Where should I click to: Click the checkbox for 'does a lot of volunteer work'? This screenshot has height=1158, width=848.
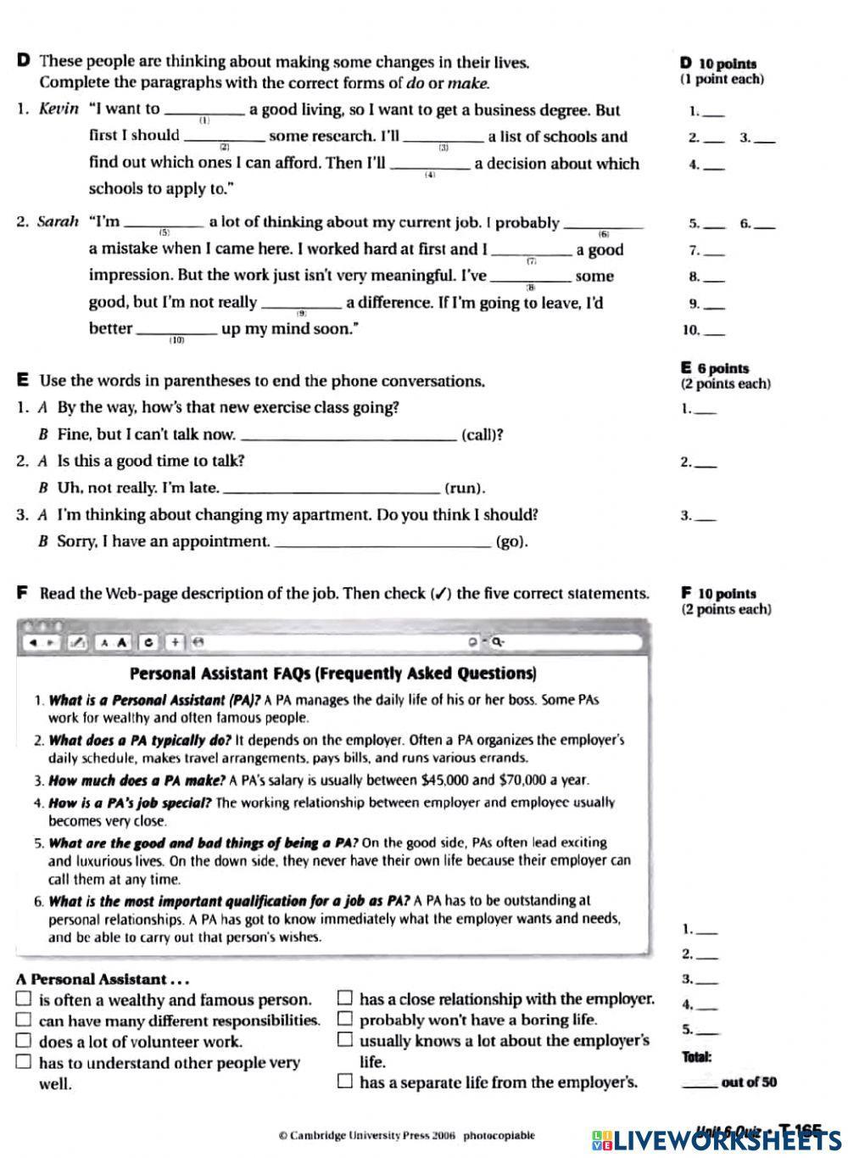(24, 1041)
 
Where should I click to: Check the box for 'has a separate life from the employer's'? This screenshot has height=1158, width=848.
(344, 1082)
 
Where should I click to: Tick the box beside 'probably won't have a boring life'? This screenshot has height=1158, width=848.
(344, 1019)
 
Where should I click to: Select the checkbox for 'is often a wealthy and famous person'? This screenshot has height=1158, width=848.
(24, 999)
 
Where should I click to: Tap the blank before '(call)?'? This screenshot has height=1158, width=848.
(349, 436)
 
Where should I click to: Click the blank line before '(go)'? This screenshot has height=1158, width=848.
(383, 543)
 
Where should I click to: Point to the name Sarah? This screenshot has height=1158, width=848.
(58, 222)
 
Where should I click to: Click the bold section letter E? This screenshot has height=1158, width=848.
(22, 381)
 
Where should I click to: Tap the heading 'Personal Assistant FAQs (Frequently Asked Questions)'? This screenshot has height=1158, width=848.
(332, 674)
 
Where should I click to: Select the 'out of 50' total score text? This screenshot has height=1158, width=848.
(748, 1082)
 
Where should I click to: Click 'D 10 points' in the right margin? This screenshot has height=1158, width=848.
(718, 63)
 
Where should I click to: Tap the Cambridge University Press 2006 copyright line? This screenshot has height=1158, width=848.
(406, 1135)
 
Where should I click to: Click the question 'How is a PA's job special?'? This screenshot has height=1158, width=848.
(130, 803)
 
